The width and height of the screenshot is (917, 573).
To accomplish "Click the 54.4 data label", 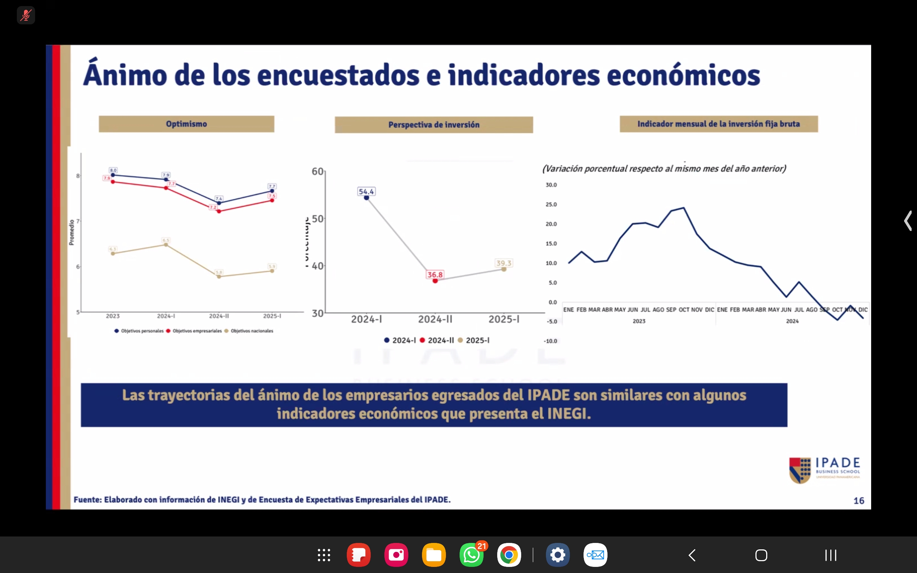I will [x=366, y=192].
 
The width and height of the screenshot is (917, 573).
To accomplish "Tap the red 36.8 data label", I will [x=435, y=275].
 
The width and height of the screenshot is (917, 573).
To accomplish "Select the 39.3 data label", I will [x=504, y=263].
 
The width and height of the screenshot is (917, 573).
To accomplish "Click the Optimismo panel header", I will [x=186, y=124].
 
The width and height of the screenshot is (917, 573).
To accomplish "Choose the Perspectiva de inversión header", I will [x=433, y=125].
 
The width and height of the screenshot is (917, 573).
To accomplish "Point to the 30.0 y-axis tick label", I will [x=551, y=185].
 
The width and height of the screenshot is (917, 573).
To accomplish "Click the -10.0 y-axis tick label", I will [x=550, y=341].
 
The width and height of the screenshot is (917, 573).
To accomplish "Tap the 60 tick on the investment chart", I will [x=317, y=171].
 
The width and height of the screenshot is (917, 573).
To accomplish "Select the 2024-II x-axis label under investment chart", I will [x=435, y=319].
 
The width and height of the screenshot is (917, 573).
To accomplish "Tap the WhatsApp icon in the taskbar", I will [x=471, y=555].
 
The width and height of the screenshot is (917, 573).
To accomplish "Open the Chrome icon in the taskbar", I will [x=509, y=555].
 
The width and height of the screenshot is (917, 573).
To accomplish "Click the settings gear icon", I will [x=557, y=555].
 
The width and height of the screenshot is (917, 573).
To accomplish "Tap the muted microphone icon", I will [x=26, y=15].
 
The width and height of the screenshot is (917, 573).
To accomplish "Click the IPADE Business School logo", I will [x=825, y=470].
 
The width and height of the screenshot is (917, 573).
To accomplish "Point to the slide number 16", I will [x=859, y=501].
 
